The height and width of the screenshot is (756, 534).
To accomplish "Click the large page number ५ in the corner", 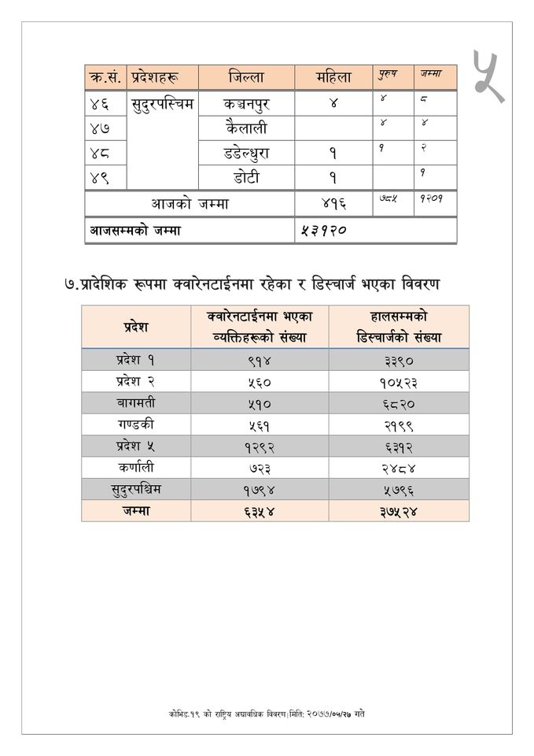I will point(488,76).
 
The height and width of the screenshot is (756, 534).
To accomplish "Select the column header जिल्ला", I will point(246,77).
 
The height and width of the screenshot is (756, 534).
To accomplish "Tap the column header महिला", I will point(333,77).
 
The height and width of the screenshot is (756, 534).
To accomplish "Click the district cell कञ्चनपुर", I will point(246,104).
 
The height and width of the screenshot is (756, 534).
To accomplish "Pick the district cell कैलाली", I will point(246,128).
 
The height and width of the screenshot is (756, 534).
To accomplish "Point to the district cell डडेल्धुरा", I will point(246,152).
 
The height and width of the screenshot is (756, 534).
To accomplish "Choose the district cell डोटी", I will point(246,177).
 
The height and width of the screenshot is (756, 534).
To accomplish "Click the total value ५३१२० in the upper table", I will point(323,231).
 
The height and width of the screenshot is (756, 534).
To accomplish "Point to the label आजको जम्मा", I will point(190,204).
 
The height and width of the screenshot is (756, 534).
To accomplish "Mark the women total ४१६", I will point(333,204).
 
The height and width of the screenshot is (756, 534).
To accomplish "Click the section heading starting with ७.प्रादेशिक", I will point(252,282).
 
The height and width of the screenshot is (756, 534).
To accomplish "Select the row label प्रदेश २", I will point(135,381).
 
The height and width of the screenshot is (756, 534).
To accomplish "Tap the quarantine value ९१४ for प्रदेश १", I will point(259,360).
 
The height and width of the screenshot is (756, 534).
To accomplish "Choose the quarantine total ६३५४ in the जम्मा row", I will point(259,510).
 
